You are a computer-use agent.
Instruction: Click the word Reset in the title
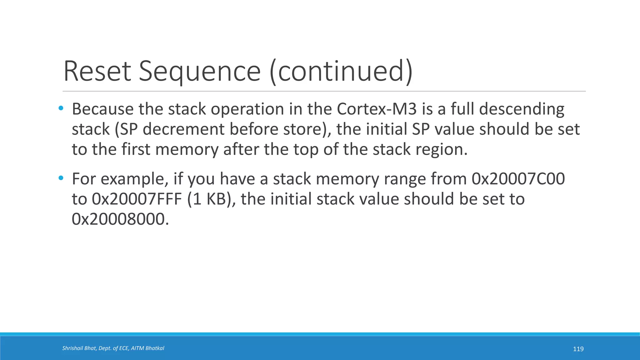point(97,71)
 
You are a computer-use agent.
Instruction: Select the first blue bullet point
point(61,108)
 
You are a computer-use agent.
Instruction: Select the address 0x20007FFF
point(137,199)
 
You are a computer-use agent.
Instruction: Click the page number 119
point(578,349)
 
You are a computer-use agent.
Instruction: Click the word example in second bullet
point(132,179)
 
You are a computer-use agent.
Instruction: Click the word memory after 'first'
point(187,149)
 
